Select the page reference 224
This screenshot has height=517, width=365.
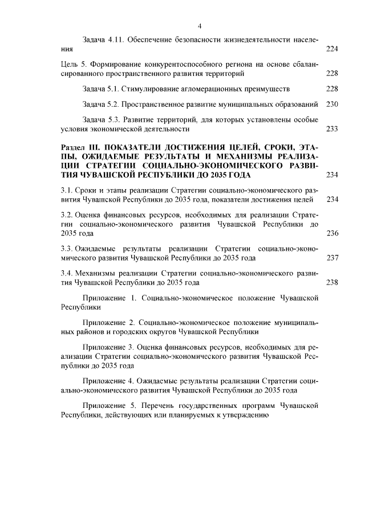point(332,50)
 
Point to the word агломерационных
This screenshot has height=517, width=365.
point(214,89)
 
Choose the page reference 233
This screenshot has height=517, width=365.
point(332,129)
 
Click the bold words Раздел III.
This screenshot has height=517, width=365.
point(80,148)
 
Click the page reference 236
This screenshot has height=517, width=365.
point(332,234)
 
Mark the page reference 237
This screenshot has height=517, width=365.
point(332,258)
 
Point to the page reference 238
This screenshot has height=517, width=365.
point(332,283)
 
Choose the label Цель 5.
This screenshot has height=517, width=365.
point(75,65)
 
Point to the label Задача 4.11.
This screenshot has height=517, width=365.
point(103,41)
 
